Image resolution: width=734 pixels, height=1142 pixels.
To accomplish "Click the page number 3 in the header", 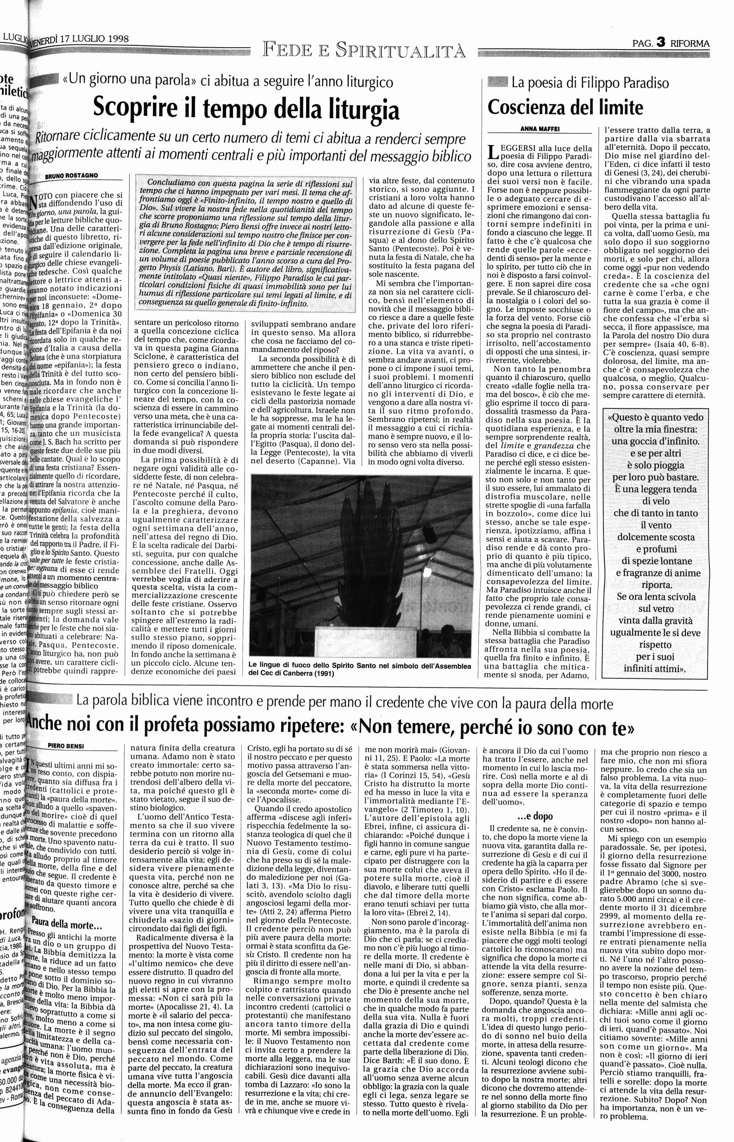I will click(x=660, y=43).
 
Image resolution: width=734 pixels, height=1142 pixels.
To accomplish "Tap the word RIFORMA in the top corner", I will click(x=690, y=44).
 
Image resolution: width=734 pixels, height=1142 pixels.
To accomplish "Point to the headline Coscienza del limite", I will click(x=565, y=107).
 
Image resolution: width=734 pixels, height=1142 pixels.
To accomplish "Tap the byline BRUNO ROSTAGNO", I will click(x=71, y=176).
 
